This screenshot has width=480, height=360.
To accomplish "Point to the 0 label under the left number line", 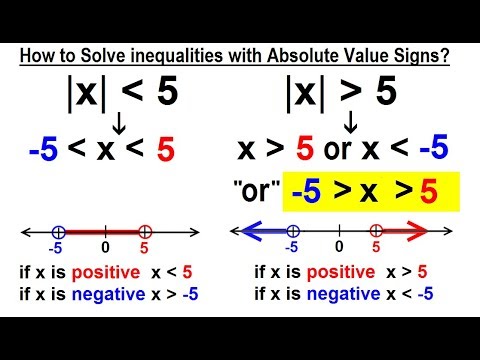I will point(103,246).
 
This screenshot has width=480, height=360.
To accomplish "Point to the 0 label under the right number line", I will point(339,246).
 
